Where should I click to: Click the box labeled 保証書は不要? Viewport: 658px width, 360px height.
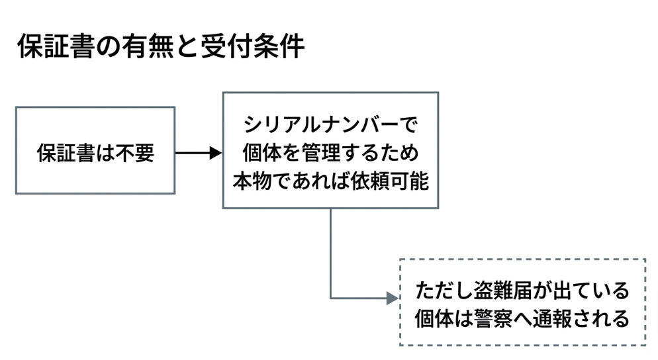click(x=95, y=150)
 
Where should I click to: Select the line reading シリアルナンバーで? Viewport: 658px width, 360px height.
click(x=331, y=124)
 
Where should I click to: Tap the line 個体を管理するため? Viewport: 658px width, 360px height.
click(x=331, y=153)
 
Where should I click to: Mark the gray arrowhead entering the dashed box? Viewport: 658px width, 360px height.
click(x=392, y=298)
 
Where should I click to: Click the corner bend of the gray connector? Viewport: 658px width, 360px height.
click(x=330, y=298)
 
